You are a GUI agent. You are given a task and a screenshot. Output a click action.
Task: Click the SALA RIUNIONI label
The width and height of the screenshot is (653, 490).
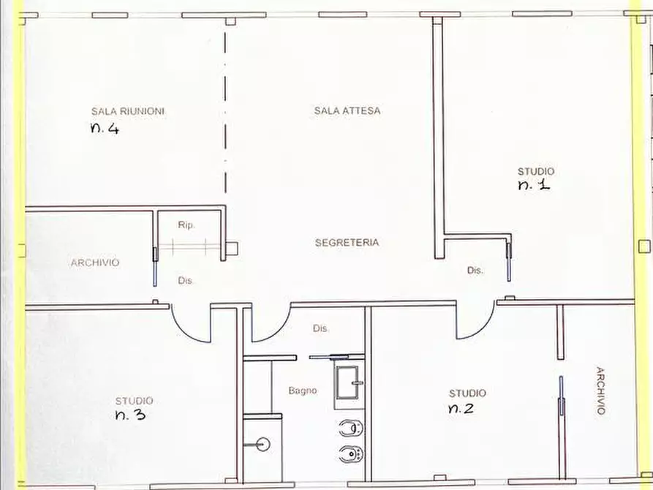tap(128, 111)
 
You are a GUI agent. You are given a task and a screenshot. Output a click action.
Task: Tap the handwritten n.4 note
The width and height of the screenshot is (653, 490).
tap(105, 129)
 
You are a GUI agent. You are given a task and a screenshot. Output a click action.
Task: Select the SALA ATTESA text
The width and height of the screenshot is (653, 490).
tap(348, 111)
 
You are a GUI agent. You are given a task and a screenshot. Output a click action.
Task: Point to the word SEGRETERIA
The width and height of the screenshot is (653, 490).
tap(347, 243)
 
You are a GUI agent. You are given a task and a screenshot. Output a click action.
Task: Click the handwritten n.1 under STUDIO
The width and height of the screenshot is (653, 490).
tap(534, 186)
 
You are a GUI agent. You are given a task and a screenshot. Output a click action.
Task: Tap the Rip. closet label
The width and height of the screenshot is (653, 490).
tap(186, 226)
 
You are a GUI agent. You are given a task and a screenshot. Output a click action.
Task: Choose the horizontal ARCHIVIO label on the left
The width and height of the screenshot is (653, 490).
tap(95, 263)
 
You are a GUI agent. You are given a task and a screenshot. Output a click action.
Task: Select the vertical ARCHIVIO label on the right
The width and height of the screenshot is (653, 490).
tap(600, 391)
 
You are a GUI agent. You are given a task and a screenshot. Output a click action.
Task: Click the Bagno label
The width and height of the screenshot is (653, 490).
tap(302, 391)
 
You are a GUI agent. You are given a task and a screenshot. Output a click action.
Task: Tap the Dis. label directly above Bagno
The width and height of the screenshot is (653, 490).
tap(321, 329)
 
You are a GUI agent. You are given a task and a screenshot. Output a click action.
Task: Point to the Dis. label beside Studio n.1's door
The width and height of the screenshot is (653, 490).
tap(475, 271)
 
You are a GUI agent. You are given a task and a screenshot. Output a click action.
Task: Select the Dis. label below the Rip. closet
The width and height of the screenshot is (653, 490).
tap(186, 280)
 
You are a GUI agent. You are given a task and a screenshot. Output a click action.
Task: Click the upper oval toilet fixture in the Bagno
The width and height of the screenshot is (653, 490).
tap(350, 428)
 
